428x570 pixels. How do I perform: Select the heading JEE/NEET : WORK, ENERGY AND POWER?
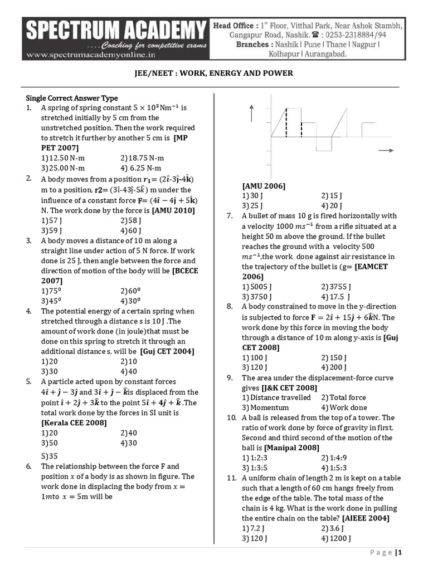click(213, 73)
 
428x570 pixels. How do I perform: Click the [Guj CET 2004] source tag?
click(167, 351)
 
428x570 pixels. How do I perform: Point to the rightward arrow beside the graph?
click(385, 151)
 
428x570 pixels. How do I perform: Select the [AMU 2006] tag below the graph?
click(264, 186)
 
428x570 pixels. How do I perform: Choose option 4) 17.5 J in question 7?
click(337, 296)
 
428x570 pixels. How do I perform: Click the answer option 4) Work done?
click(343, 407)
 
